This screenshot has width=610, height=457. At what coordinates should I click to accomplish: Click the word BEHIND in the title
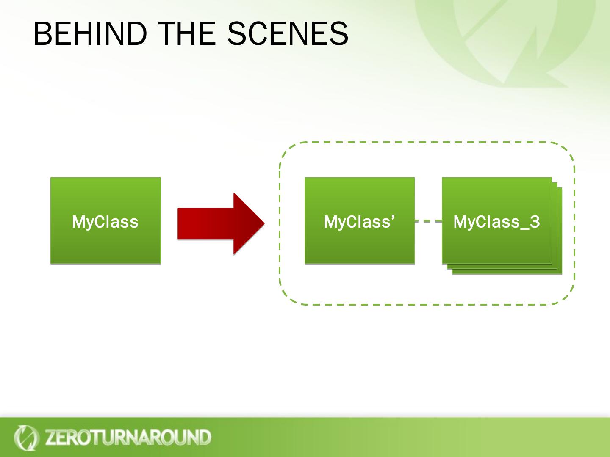pyautogui.click(x=90, y=34)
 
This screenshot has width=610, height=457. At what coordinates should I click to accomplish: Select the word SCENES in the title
pyautogui.click(x=288, y=34)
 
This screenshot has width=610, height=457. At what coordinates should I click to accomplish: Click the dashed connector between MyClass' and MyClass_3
pyautogui.click(x=428, y=221)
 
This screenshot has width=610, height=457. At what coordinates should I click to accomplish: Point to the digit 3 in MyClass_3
pyautogui.click(x=535, y=222)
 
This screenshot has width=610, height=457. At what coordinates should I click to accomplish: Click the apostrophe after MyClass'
pyautogui.click(x=393, y=217)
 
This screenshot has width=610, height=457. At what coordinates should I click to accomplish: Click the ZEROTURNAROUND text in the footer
pyautogui.click(x=128, y=438)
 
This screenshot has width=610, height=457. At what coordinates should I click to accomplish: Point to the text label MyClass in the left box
pyautogui.click(x=105, y=222)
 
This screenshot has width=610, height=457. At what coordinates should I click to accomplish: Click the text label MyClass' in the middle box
pyautogui.click(x=359, y=222)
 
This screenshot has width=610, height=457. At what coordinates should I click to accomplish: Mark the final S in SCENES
pyautogui.click(x=339, y=34)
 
